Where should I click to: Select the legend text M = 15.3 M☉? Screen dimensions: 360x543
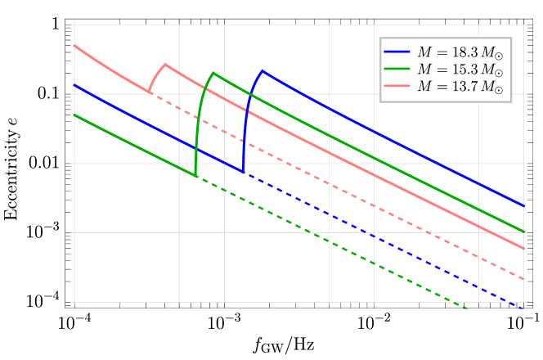[460, 70]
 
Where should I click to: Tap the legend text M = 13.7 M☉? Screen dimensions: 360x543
[460, 87]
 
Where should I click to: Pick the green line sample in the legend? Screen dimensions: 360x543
[397, 70]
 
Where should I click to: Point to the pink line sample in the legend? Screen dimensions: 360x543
[397, 87]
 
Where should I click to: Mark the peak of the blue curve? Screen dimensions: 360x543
[263, 70]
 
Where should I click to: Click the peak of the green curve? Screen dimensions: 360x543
[213, 73]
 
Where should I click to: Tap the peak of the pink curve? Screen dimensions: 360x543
[165, 64]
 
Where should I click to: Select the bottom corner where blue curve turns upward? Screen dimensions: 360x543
[243, 173]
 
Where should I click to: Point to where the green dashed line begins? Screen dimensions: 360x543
[196, 176]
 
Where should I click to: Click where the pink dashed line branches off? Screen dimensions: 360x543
[149, 92]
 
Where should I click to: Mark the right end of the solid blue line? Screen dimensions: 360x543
[524, 205]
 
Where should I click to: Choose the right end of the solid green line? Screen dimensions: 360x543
[524, 232]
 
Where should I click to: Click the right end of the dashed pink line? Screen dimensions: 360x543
[524, 280]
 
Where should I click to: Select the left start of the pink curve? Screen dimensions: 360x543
[74, 45]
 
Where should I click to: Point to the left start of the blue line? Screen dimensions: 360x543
[74, 84]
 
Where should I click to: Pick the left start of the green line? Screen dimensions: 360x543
[74, 115]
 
